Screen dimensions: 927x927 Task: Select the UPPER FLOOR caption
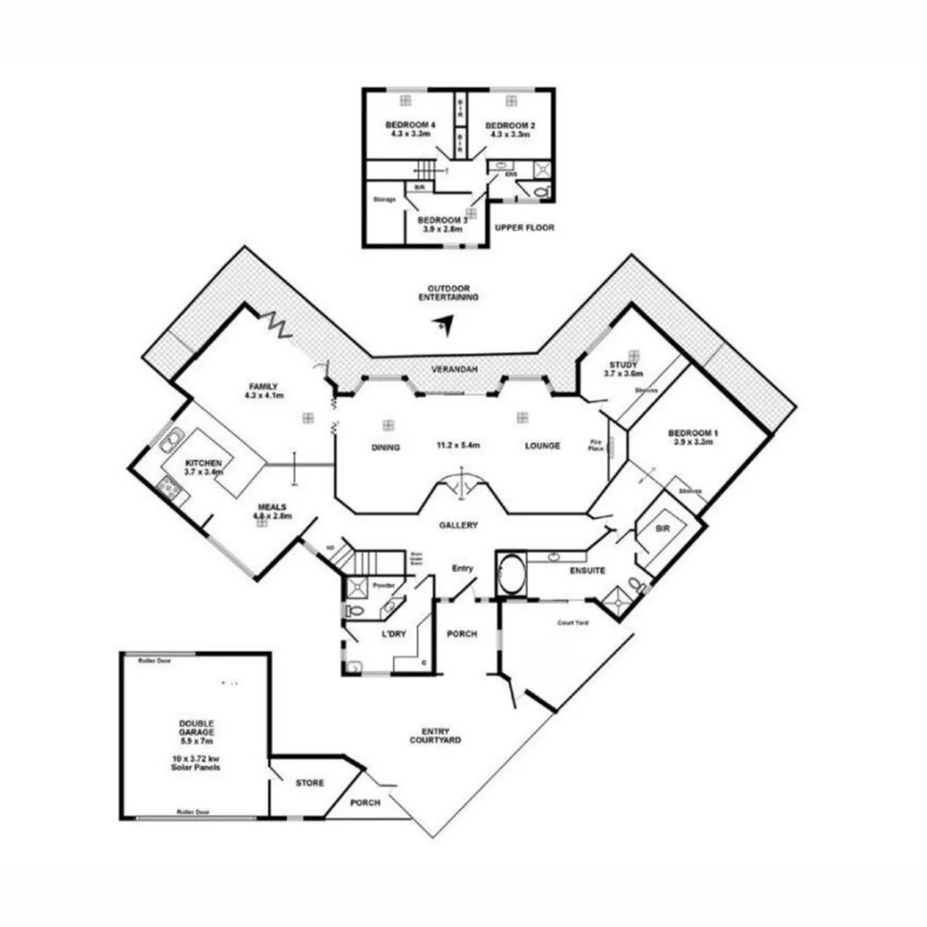coord(524,228)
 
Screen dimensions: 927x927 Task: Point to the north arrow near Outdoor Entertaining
coord(442,324)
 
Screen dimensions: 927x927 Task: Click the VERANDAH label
coord(454,369)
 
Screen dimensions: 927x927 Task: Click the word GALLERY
coord(457,525)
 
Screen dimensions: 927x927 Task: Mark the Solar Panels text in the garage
coord(195,767)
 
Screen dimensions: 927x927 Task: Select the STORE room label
coord(309,784)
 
